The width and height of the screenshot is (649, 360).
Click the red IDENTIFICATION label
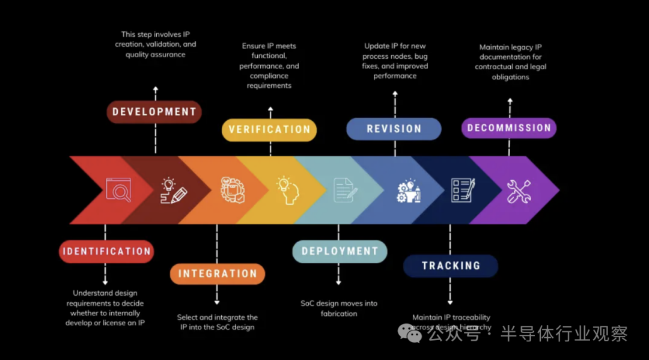click(106, 251)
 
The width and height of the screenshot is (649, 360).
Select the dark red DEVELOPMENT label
click(154, 112)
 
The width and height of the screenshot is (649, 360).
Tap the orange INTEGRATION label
click(218, 273)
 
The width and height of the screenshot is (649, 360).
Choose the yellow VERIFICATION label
click(269, 129)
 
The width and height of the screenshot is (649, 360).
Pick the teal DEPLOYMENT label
click(340, 251)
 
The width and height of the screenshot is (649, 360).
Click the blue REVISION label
click(394, 129)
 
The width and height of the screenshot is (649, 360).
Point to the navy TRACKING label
click(451, 266)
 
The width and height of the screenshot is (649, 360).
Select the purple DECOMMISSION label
click(509, 128)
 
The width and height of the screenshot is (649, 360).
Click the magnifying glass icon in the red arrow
click(118, 190)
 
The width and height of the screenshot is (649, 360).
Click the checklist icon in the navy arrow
click(463, 190)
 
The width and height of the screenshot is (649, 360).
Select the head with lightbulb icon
click(287, 190)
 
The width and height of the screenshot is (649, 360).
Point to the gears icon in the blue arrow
click(409, 190)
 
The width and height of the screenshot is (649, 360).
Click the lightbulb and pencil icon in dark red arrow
click(174, 191)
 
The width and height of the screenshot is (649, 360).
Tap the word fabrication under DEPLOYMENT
click(339, 314)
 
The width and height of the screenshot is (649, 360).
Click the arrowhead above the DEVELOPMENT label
click(156, 90)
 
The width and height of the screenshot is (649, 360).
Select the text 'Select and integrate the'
click(217, 317)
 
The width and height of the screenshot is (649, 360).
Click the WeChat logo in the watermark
click(410, 332)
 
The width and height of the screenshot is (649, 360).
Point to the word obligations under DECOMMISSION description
click(510, 77)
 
